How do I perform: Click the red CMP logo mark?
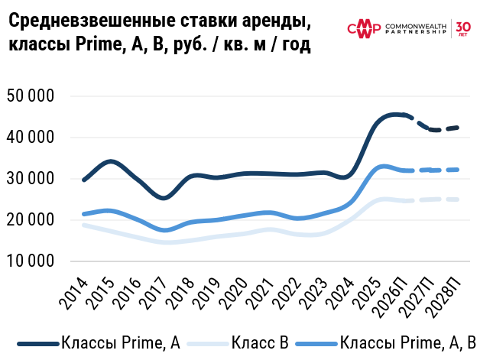364,29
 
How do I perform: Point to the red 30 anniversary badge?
463,29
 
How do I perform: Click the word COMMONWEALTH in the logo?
416,24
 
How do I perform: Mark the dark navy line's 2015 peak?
110,161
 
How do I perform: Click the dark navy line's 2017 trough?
164,198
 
